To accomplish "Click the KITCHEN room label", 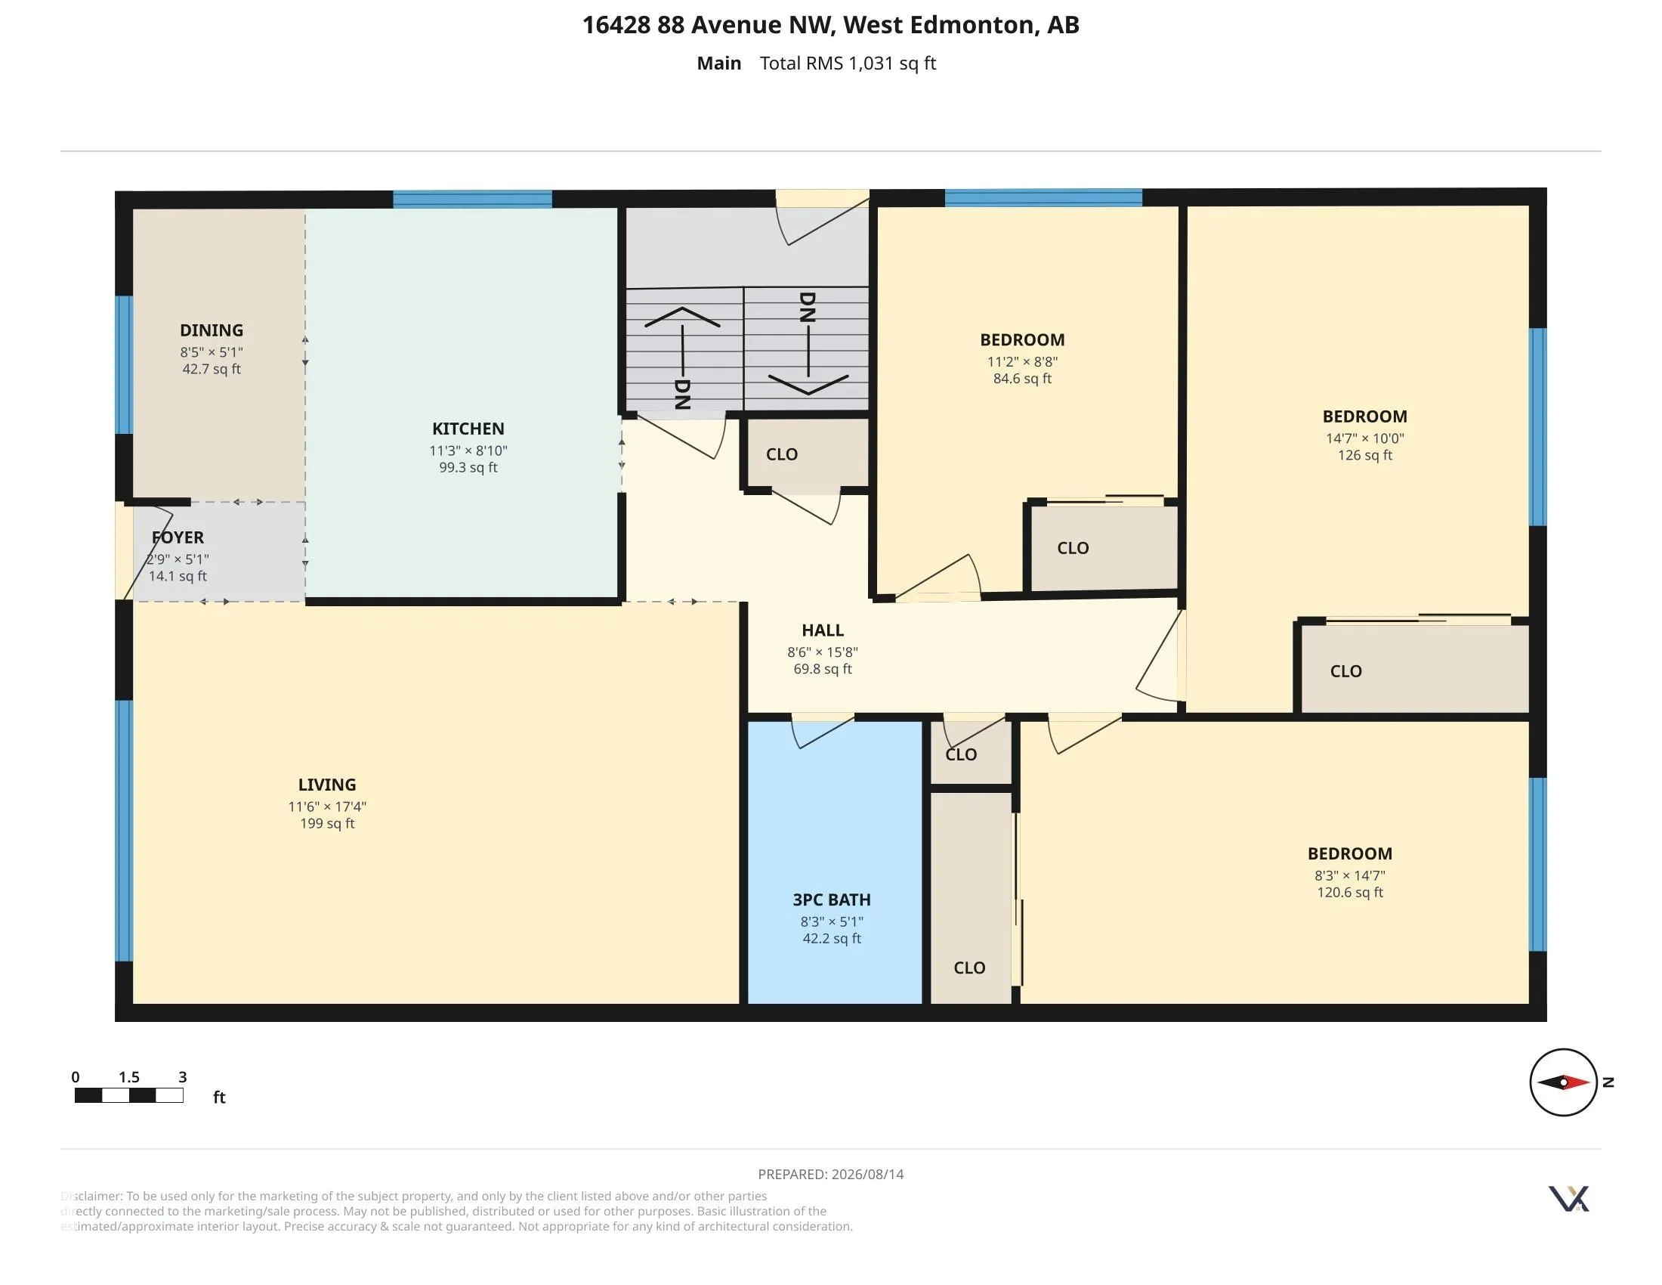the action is tap(468, 429).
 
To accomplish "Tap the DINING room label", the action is tap(212, 330).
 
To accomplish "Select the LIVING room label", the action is tap(327, 785).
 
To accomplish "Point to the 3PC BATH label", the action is tap(832, 899).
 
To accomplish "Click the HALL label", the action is tap(823, 630).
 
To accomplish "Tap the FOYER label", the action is tap(178, 537).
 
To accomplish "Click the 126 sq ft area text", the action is tap(1365, 455).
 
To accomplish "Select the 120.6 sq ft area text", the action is tap(1350, 892).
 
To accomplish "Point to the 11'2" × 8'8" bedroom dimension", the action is tap(1023, 362).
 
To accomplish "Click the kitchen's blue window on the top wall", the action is tap(473, 200).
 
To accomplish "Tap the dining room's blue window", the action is tap(124, 364).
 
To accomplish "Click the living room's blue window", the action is tap(124, 831).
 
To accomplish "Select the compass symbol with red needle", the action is tap(1564, 1082).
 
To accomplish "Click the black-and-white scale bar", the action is tap(128, 1095).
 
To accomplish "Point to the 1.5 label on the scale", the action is tap(129, 1077).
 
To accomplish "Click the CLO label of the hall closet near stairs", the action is tap(783, 454).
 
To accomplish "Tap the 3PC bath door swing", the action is tap(823, 732).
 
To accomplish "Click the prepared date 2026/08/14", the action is tap(867, 1175).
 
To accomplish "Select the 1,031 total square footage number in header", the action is tap(871, 63).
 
